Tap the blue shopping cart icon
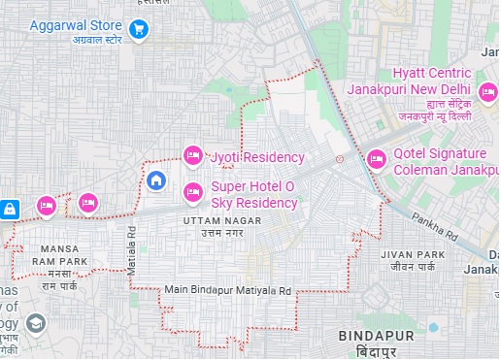point(139,30)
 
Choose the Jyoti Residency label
point(258,157)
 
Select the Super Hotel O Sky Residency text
point(253,194)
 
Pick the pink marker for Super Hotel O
point(193,189)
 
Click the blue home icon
point(156,180)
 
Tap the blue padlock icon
point(9,208)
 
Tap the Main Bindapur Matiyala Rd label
point(227,289)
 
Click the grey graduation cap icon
point(36,324)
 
